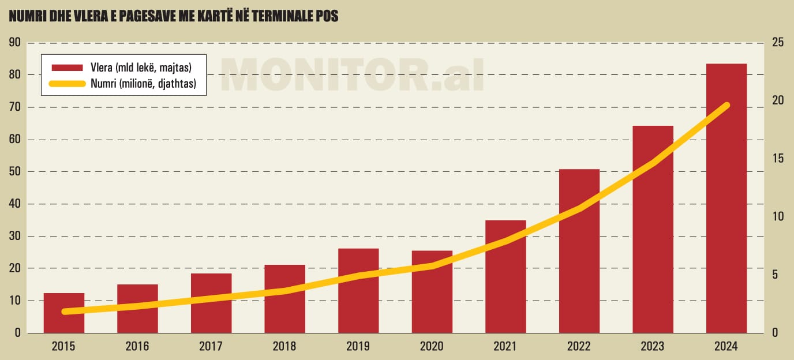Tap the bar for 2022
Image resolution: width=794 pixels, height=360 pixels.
579,251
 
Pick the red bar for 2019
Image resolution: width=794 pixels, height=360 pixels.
358,291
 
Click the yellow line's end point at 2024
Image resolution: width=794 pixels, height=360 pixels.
726,105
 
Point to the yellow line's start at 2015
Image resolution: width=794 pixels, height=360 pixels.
64,312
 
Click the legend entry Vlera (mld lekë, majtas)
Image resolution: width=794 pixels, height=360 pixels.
141,68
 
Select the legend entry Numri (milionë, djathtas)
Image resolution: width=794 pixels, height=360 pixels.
143,84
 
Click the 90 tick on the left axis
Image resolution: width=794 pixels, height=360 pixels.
14,43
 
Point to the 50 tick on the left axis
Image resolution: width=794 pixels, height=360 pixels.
14,172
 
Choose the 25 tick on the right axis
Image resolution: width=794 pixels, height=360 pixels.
778,43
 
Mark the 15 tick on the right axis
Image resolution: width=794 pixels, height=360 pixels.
778,159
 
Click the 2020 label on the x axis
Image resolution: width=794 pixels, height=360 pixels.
432,346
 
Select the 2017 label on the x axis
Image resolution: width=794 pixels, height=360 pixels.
211,346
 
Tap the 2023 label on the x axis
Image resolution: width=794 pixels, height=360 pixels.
653,346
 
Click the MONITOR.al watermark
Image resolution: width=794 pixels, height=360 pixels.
352,74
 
